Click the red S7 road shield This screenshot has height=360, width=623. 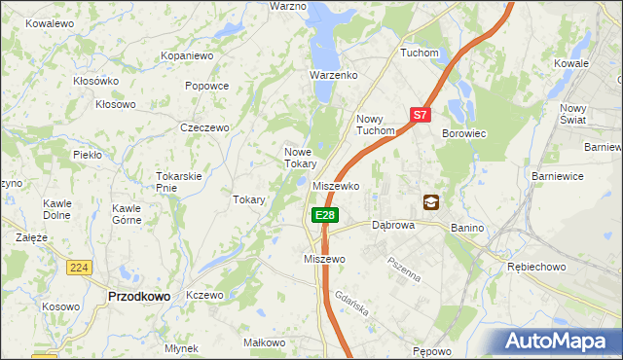[419, 115]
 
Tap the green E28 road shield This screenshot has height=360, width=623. [324, 215]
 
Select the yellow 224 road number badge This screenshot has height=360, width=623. [79, 267]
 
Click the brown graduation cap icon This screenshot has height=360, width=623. [430, 202]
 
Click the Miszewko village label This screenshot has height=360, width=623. [338, 186]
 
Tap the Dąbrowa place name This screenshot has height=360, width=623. [394, 225]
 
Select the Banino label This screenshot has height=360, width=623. [467, 228]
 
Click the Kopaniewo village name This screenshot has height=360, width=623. [188, 56]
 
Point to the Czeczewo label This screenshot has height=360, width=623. [204, 127]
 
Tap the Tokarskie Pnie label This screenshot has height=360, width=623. [178, 182]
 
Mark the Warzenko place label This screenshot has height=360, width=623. [334, 75]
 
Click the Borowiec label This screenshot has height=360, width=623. [463, 133]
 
